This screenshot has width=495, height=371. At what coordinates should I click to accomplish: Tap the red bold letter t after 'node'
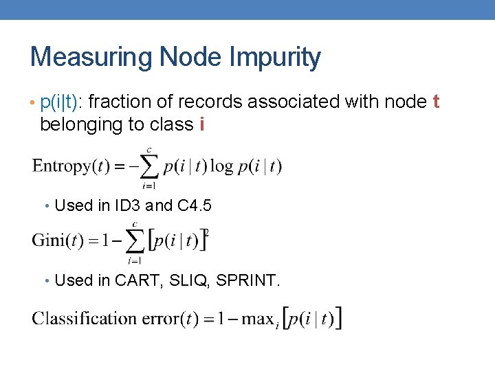[435, 102]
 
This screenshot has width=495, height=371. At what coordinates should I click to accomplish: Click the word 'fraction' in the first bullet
[112, 102]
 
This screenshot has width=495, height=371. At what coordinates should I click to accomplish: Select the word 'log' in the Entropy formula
[222, 167]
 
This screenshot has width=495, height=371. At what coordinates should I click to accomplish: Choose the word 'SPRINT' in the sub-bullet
[245, 280]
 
